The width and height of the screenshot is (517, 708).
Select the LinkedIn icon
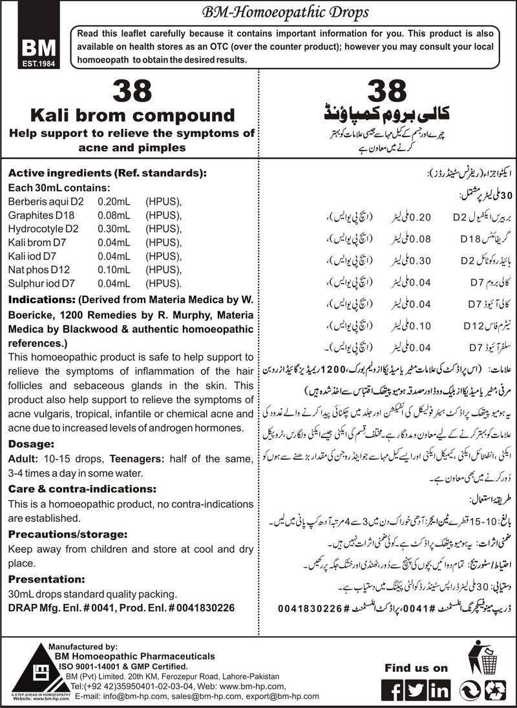click(439, 689)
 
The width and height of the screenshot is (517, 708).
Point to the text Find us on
click(415, 667)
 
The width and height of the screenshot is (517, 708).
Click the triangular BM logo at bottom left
click(23, 666)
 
